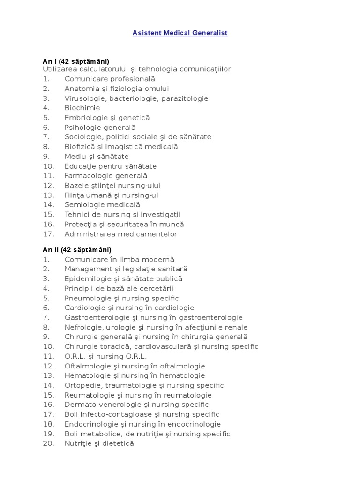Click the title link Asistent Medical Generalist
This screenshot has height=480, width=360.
(x=180, y=33)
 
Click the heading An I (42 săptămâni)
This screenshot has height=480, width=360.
(x=76, y=61)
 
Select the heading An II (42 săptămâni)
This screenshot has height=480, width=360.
(x=77, y=250)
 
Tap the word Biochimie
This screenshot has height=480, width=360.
(x=82, y=108)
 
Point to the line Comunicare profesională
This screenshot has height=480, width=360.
(x=110, y=79)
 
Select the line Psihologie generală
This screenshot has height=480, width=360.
(x=100, y=127)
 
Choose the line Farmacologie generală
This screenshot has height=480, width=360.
(x=106, y=176)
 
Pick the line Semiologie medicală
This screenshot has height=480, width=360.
(x=102, y=205)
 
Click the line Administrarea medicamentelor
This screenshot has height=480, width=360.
(x=121, y=234)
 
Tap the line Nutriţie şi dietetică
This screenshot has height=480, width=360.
(x=99, y=443)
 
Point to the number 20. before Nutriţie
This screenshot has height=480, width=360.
(x=49, y=443)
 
